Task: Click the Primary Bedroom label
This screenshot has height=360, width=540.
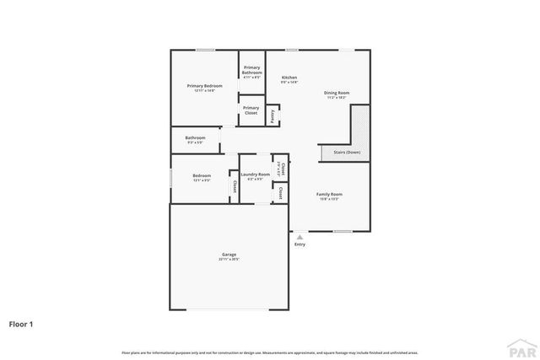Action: pyautogui.click(x=204, y=86)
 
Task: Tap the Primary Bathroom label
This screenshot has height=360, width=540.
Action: pyautogui.click(x=251, y=70)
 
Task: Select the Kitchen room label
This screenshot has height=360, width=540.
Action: pyautogui.click(x=289, y=78)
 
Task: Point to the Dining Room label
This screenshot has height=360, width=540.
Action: pyautogui.click(x=336, y=93)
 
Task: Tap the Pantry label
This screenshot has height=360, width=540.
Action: pyautogui.click(x=273, y=116)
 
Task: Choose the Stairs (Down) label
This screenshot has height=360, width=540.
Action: pyautogui.click(x=347, y=153)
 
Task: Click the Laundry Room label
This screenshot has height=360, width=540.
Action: pyautogui.click(x=255, y=175)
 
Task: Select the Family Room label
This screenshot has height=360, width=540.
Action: pyautogui.click(x=329, y=194)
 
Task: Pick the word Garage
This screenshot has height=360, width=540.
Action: pyautogui.click(x=229, y=254)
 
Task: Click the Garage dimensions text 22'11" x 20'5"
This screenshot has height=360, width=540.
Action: pyautogui.click(x=229, y=259)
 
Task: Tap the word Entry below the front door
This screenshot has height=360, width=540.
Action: pyautogui.click(x=300, y=245)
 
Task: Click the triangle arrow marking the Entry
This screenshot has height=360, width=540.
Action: pyautogui.click(x=300, y=237)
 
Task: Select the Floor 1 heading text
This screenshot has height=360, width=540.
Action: pyautogui.click(x=22, y=323)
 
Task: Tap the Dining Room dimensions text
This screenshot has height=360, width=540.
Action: pyautogui.click(x=336, y=98)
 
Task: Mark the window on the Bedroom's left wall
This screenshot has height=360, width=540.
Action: pyautogui.click(x=171, y=179)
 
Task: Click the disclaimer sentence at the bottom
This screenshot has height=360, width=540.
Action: pyautogui.click(x=269, y=352)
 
